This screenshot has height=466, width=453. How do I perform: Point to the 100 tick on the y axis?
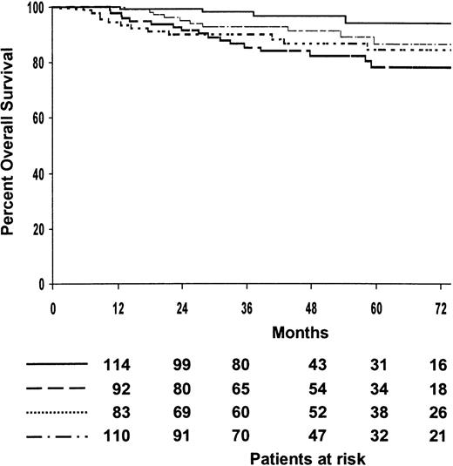36,8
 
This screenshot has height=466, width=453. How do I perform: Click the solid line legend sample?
57,362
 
